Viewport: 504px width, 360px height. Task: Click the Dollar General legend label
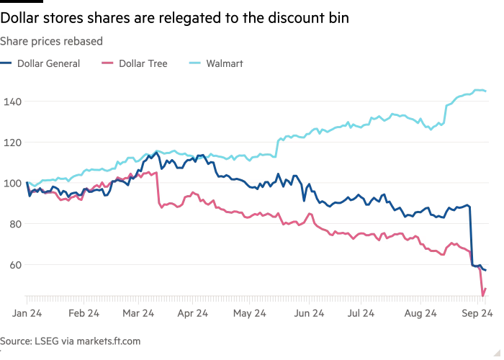(x=49, y=63)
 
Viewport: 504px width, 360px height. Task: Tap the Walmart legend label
(x=224, y=63)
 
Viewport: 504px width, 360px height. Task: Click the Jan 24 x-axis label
(x=27, y=313)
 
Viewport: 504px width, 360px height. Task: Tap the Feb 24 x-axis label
(x=84, y=313)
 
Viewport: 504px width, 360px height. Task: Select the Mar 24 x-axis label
(x=138, y=313)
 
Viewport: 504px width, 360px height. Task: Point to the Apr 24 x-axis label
(x=192, y=313)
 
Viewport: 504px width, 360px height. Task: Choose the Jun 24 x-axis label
(x=307, y=313)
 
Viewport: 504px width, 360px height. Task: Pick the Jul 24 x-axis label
(x=360, y=313)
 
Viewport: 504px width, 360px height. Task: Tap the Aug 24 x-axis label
(x=420, y=313)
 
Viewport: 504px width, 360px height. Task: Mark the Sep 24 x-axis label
(x=477, y=313)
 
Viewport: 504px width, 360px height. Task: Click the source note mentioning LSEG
(x=70, y=341)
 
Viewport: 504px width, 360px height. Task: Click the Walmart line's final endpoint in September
(x=485, y=91)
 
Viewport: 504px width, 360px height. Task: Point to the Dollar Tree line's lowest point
(x=483, y=293)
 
